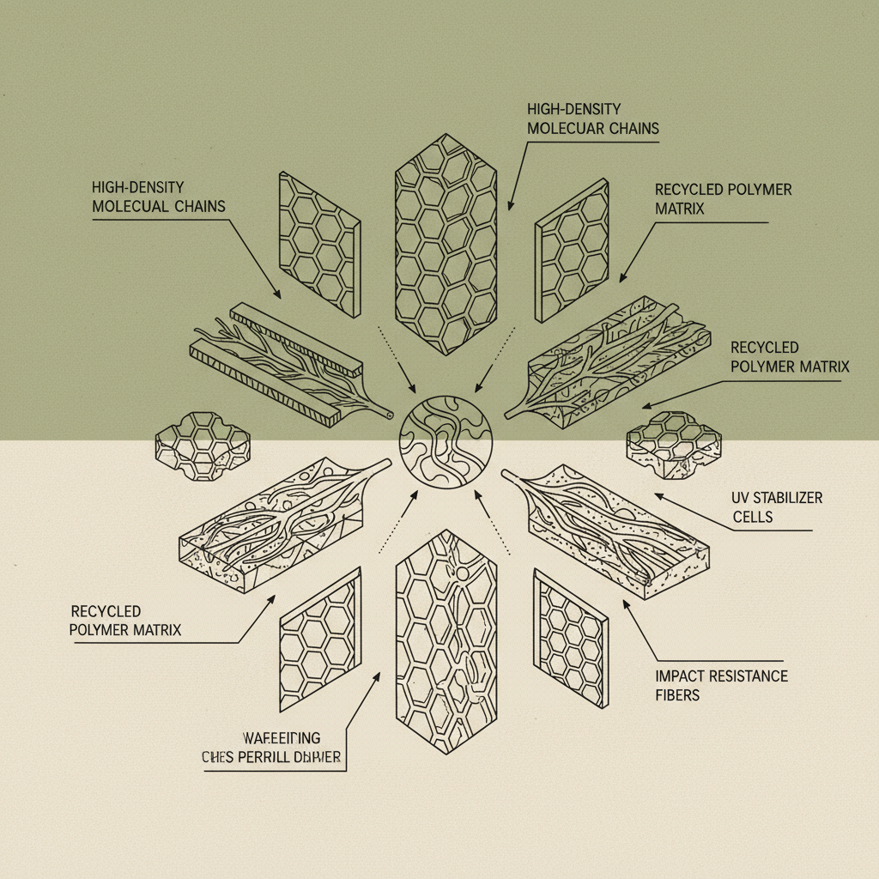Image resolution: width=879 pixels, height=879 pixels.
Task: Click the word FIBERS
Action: point(677,694)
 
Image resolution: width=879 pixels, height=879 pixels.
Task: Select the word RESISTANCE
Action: point(749,676)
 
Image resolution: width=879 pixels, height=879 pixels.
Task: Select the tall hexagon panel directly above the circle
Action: point(446,245)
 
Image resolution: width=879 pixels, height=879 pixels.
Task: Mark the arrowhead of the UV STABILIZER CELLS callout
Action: point(658,494)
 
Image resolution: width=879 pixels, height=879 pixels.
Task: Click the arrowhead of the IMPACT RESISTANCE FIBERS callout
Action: point(625,602)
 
